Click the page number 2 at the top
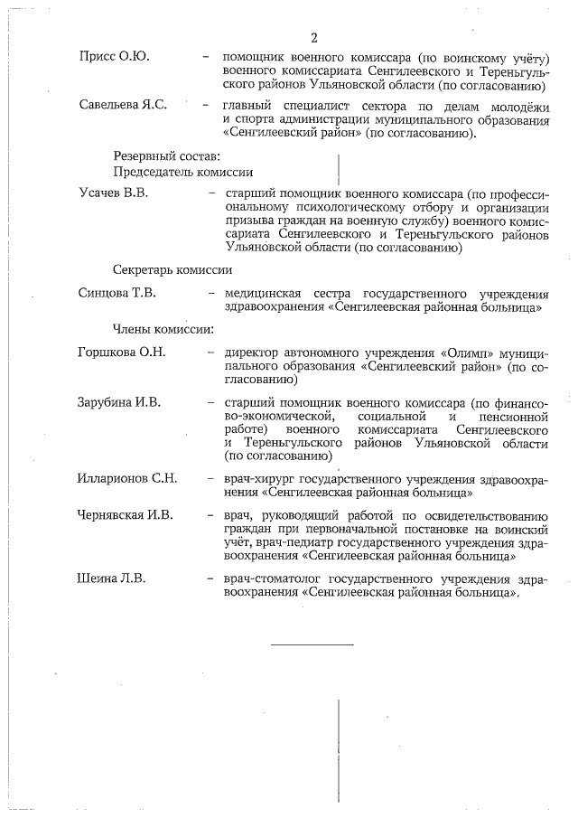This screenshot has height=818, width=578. tap(314, 37)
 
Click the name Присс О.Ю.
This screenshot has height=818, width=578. tap(114, 57)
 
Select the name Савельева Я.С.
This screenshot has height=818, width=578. tap(123, 106)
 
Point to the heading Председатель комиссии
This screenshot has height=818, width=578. tap(182, 171)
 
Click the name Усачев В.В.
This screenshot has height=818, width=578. tap(113, 194)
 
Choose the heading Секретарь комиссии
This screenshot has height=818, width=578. tap(172, 269)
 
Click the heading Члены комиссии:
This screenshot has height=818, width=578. tap(163, 328)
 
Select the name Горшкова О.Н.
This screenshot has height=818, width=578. tap(122, 353)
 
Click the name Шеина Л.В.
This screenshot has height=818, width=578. tap(112, 578)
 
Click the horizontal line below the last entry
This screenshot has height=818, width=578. tap(312, 644)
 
